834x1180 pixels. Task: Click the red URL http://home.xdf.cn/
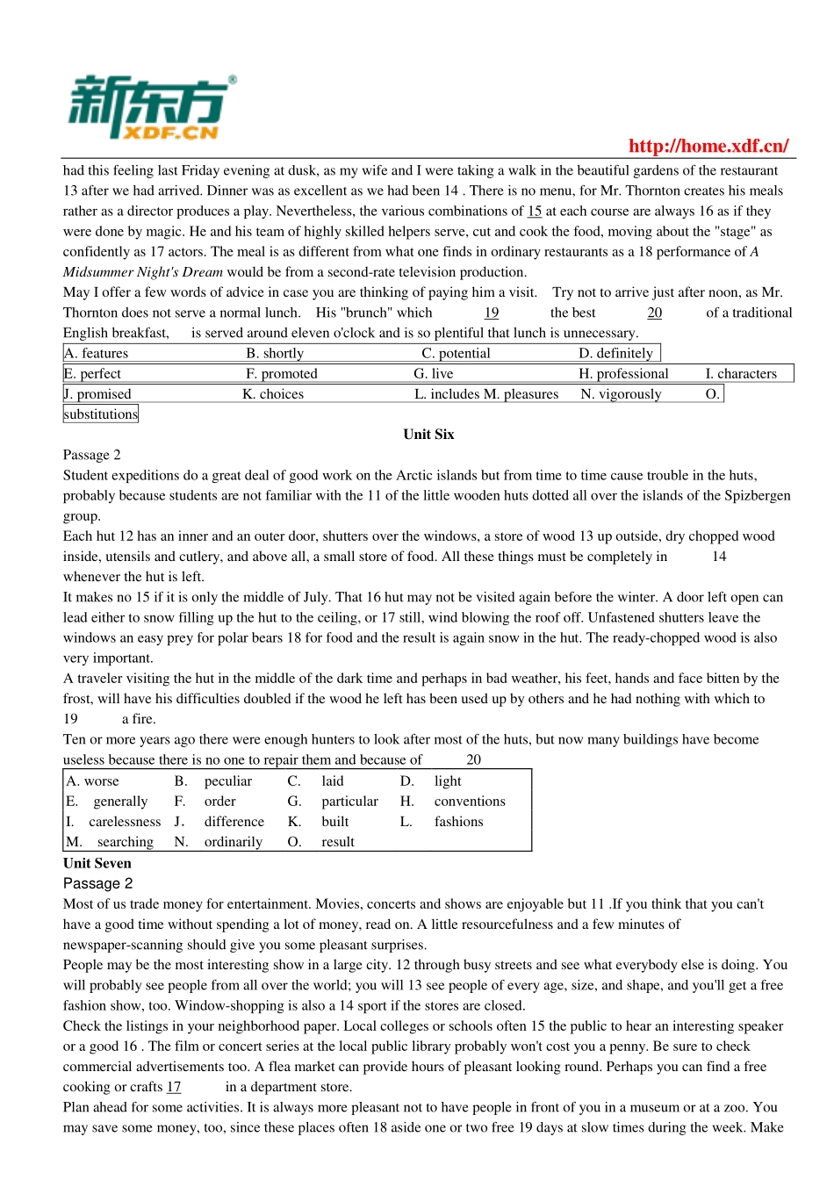coord(708,146)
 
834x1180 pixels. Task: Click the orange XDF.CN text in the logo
coord(170,133)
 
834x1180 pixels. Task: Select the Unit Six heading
coord(428,435)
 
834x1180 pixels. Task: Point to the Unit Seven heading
coord(97,863)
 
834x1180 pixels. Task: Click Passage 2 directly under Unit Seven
coord(97,883)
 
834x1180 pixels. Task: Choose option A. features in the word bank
coord(97,353)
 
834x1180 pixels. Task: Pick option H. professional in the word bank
coord(623,373)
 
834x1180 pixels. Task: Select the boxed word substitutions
coord(101,414)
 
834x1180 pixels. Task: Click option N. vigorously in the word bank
coord(621,394)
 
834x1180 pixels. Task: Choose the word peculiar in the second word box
coord(228,781)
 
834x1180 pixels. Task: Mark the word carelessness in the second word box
coord(125,822)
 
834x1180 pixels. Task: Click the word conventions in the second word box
coord(470,802)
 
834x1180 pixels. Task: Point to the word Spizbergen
coord(757,495)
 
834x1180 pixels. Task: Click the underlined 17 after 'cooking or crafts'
coord(174,1087)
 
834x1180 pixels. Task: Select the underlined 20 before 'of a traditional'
coord(654,313)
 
